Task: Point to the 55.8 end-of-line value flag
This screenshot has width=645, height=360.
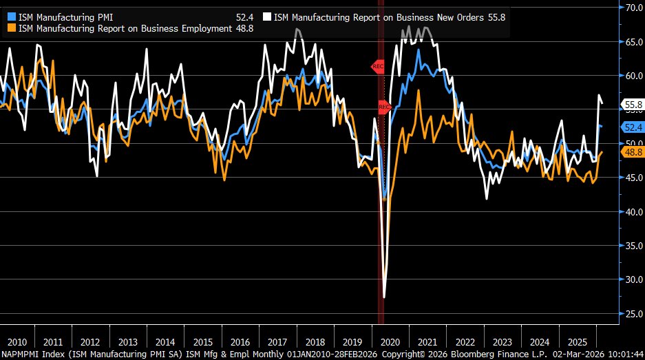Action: point(632,105)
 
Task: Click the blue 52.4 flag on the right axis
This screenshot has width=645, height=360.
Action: point(632,127)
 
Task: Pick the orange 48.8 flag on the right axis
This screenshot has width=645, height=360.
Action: point(632,151)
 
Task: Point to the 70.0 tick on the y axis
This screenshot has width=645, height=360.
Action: point(632,8)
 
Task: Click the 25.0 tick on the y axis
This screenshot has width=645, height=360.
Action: point(632,313)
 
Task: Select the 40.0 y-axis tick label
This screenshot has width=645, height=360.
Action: point(632,211)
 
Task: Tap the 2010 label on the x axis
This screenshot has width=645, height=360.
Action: point(17,342)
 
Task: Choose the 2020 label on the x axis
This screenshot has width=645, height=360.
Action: point(390,342)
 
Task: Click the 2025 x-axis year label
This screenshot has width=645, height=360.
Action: point(577,342)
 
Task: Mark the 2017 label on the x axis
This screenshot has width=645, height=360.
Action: point(277,342)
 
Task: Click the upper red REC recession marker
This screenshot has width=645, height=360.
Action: point(378,67)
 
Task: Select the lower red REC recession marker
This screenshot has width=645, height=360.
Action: point(384,107)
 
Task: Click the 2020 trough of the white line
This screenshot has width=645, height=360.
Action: point(384,297)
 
